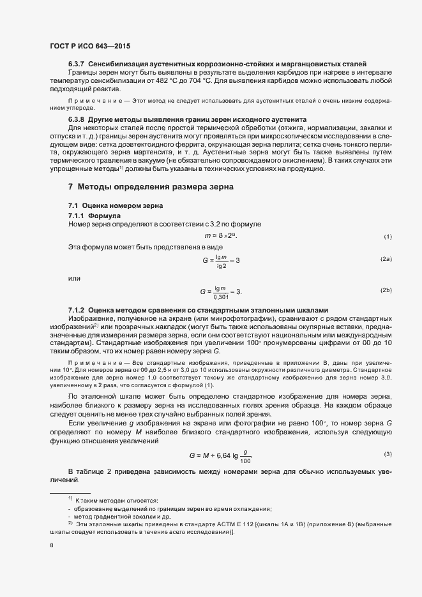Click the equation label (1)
pyautogui.click(x=388, y=237)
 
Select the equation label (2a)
pyautogui.click(x=386, y=259)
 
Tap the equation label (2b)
pyautogui.click(x=386, y=291)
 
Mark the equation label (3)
pyautogui.click(x=388, y=453)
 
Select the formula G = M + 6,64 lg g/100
pyautogui.click(x=221, y=456)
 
